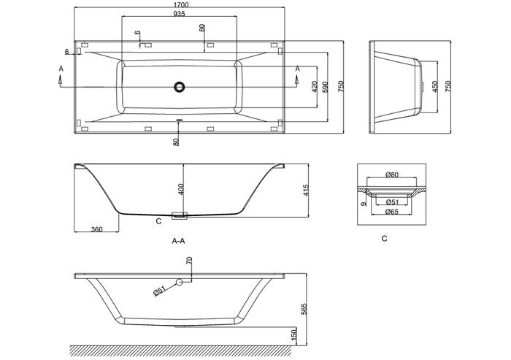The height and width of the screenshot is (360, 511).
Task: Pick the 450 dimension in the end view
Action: (x=436, y=86)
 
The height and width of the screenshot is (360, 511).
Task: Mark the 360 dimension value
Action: (x=95, y=229)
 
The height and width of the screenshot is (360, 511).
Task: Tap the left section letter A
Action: (x=61, y=68)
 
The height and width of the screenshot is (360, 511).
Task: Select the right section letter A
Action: (x=297, y=68)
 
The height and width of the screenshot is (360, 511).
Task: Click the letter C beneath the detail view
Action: (x=384, y=238)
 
